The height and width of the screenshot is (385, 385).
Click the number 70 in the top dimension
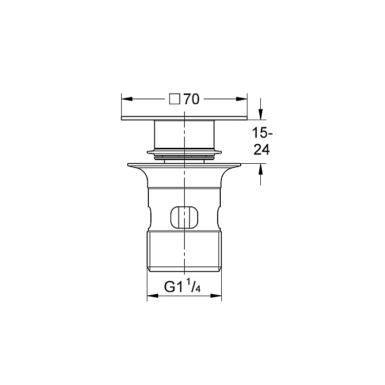(x=191, y=100)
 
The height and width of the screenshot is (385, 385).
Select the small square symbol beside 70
(x=175, y=99)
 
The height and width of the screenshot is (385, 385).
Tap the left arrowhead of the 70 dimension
(x=127, y=99)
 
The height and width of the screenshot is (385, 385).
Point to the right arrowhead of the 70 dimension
(x=242, y=99)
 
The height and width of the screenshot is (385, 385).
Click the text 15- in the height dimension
(x=262, y=133)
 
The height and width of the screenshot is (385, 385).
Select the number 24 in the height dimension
(x=261, y=149)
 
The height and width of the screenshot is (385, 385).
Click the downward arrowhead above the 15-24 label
(x=261, y=114)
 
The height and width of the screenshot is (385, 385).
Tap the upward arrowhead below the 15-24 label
(x=261, y=169)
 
